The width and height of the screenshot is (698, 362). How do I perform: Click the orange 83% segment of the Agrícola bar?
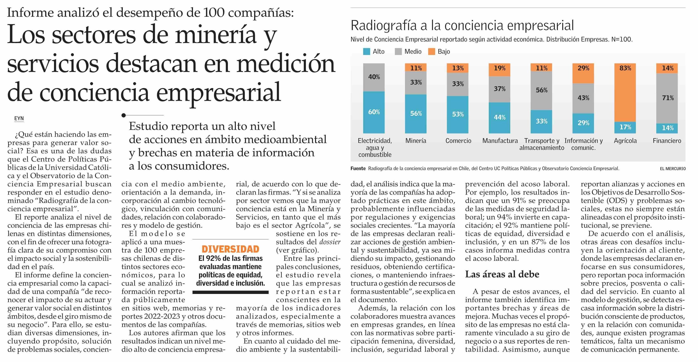pyautogui.click(x=625, y=92)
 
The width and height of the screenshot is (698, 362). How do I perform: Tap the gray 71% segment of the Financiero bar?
pyautogui.click(x=667, y=98)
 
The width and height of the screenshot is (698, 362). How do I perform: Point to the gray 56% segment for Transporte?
pyautogui.click(x=541, y=90)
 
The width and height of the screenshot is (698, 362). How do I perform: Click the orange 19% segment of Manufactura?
pyautogui.click(x=499, y=70)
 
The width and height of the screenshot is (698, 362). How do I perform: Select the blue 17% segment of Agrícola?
pyautogui.click(x=625, y=127)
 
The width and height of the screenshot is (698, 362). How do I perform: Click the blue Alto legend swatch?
pyautogui.click(x=367, y=51)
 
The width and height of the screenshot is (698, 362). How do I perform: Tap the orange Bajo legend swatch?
pyautogui.click(x=432, y=51)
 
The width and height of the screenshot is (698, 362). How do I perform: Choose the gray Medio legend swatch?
pyautogui.click(x=398, y=51)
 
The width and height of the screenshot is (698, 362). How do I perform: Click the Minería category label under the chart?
pyautogui.click(x=416, y=141)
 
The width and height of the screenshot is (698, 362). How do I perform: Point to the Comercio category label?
pyautogui.click(x=458, y=141)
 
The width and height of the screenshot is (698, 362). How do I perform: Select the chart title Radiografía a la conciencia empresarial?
pyautogui.click(x=462, y=25)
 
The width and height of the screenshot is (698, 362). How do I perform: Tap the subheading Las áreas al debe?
pyautogui.click(x=502, y=274)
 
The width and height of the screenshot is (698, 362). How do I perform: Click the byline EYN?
pyautogui.click(x=19, y=118)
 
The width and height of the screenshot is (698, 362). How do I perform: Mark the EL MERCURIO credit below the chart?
pyautogui.click(x=673, y=168)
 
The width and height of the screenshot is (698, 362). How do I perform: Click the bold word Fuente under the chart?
pyautogui.click(x=358, y=168)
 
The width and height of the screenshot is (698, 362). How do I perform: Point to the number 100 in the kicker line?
pyautogui.click(x=214, y=13)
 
